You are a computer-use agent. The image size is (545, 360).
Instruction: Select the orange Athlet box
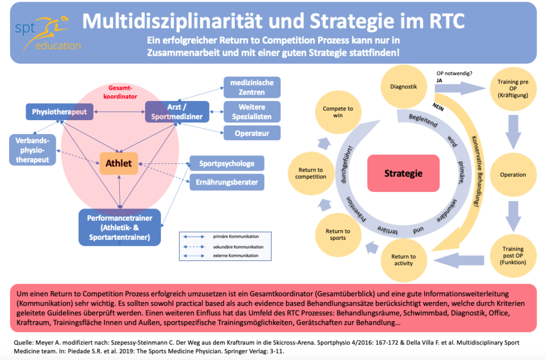(x=119, y=163)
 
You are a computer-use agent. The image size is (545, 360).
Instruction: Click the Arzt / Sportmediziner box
(x=177, y=111)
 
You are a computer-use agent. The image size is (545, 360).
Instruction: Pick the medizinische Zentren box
(x=252, y=87)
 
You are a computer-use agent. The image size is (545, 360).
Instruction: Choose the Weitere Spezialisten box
(x=252, y=111)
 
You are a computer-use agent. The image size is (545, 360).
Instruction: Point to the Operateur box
(x=252, y=133)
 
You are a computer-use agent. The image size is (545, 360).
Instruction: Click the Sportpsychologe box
(x=227, y=163)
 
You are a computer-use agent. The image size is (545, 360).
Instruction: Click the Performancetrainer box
(x=120, y=227)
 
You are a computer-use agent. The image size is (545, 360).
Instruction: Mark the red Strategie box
(x=403, y=173)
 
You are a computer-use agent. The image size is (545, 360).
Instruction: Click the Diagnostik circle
(x=403, y=87)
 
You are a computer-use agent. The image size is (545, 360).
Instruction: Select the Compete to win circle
(x=338, y=112)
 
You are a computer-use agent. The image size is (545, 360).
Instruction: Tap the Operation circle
(x=513, y=175)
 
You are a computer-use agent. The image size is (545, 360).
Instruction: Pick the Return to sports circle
(x=338, y=235)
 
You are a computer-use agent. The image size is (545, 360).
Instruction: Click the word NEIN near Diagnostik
(x=439, y=106)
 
